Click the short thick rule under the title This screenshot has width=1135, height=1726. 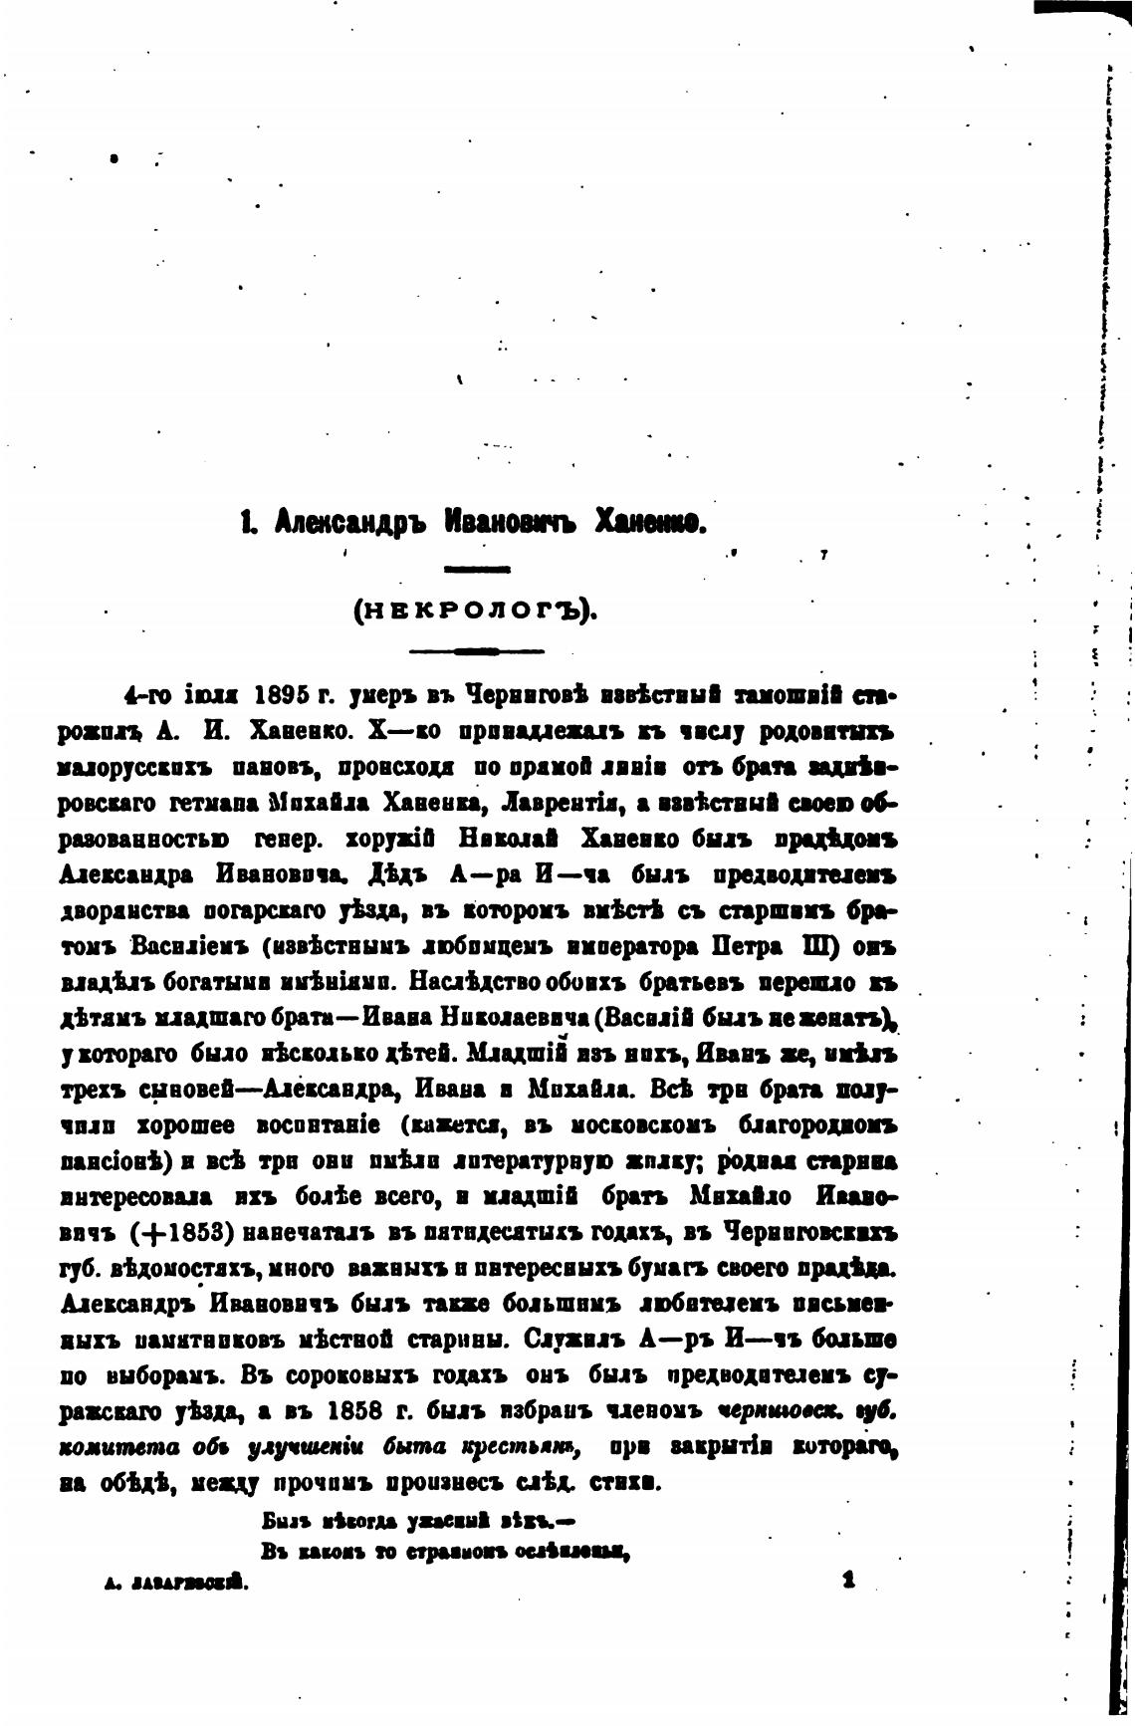(x=477, y=568)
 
